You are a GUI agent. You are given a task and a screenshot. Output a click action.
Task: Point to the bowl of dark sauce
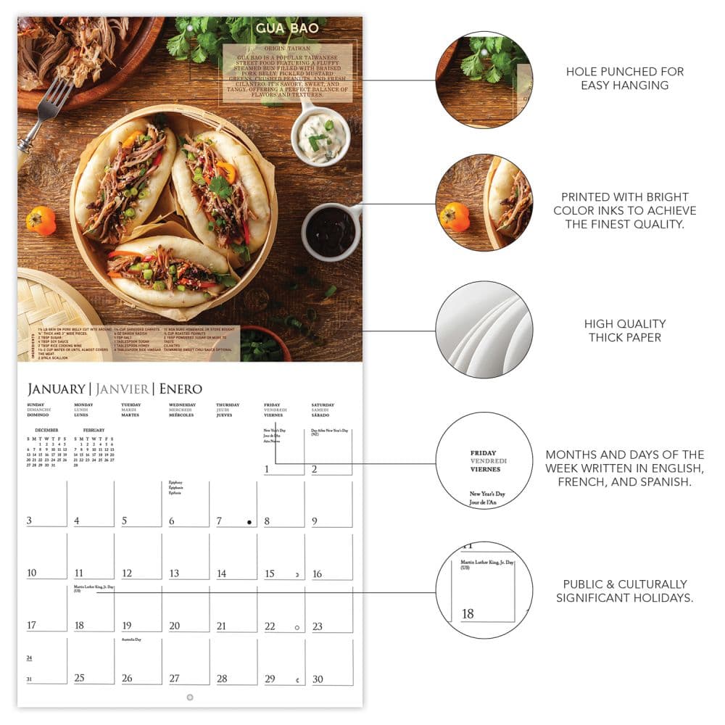(331, 231)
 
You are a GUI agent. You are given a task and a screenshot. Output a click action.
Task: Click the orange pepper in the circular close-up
(455, 216)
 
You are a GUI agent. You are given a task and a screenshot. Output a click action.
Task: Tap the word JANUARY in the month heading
(55, 389)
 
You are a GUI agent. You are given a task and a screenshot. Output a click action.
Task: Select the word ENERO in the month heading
(181, 389)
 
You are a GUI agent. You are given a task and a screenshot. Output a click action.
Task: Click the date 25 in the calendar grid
(80, 678)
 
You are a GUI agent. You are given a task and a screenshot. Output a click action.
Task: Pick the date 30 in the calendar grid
(317, 678)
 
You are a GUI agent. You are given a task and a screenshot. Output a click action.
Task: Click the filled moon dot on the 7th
(249, 522)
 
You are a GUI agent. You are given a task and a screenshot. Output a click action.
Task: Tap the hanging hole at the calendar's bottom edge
(190, 697)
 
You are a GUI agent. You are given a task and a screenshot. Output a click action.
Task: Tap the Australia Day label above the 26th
(131, 640)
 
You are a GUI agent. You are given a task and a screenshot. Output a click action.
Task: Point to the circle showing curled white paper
(484, 329)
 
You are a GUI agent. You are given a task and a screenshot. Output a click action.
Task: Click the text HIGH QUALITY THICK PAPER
(624, 331)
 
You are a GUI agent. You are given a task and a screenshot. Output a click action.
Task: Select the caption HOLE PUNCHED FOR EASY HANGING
(624, 78)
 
